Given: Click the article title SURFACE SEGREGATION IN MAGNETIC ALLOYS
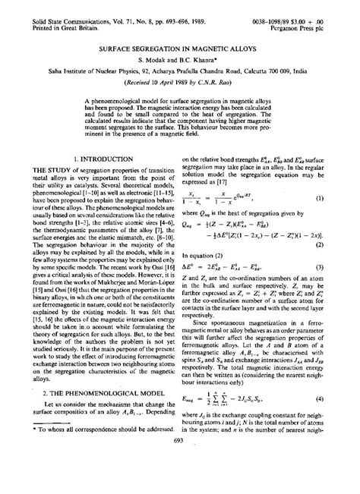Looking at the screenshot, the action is coord(179,46).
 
